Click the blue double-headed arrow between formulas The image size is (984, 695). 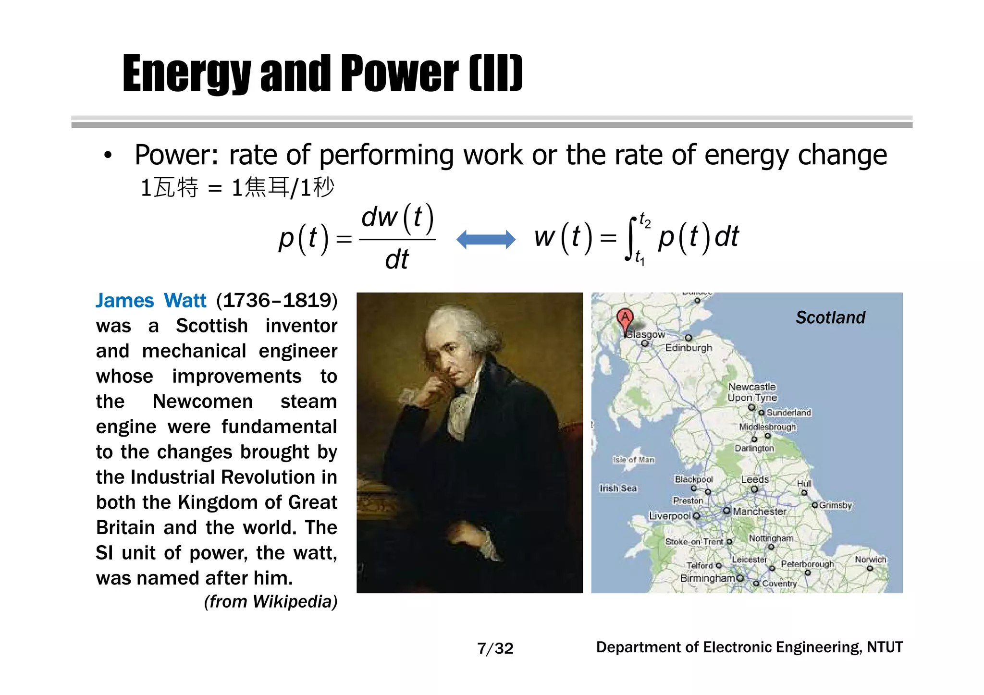pyautogui.click(x=485, y=239)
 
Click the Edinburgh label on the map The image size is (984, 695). pyautogui.click(x=689, y=348)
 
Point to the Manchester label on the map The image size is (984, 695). pyautogui.click(x=759, y=512)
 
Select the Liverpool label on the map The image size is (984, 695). pyautogui.click(x=669, y=516)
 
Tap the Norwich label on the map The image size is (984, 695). pyautogui.click(x=870, y=560)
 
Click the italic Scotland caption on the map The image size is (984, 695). pyautogui.click(x=830, y=317)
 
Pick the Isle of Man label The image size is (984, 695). pyautogui.click(x=633, y=460)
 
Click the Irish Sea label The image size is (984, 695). pyautogui.click(x=618, y=488)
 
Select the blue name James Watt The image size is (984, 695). pyautogui.click(x=151, y=301)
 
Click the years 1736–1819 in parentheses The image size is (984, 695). pyautogui.click(x=277, y=301)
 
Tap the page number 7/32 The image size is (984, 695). pyautogui.click(x=495, y=648)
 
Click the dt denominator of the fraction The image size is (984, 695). pyautogui.click(x=397, y=260)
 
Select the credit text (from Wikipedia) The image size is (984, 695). pyautogui.click(x=271, y=601)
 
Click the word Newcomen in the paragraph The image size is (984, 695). pyautogui.click(x=202, y=402)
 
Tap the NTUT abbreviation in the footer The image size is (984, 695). pyautogui.click(x=885, y=647)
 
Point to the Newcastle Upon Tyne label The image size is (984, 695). pyautogui.click(x=752, y=392)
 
